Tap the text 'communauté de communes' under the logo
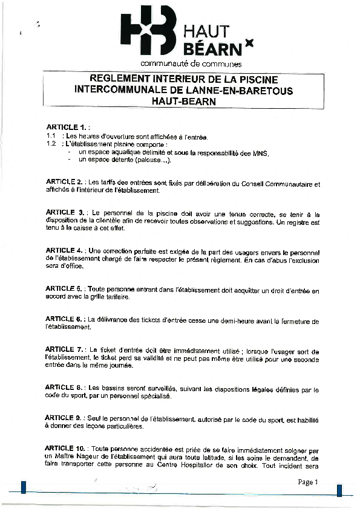pos(191,63)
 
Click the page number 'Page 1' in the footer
pos(307,482)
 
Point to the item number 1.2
pos(51,144)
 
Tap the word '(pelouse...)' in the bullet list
pos(154,161)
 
